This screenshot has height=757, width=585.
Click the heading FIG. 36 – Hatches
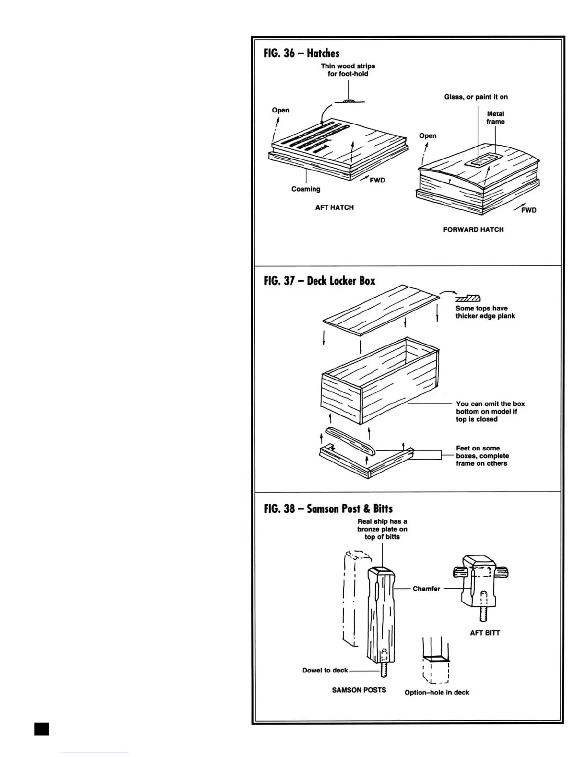pos(302,53)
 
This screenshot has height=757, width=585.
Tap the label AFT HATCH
pos(334,207)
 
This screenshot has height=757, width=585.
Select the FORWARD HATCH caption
pos(473,229)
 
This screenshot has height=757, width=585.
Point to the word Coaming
pos(306,189)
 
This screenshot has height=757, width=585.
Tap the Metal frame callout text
pos(496,118)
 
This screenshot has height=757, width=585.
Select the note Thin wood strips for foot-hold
pos(348,70)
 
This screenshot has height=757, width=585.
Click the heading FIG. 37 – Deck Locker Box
pos(319,281)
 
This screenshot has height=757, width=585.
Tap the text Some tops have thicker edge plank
pos(485,312)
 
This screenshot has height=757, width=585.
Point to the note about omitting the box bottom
pos(490,411)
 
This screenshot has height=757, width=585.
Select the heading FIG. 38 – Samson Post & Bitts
pos(328,508)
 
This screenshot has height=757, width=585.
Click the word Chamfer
pos(426,589)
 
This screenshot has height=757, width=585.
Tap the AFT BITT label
pos(485,633)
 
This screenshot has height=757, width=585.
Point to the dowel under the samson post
pos(383,670)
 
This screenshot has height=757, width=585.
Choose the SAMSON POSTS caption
pos(359,690)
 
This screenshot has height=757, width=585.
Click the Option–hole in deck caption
pos(437,692)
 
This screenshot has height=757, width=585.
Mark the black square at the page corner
pos(42,729)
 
